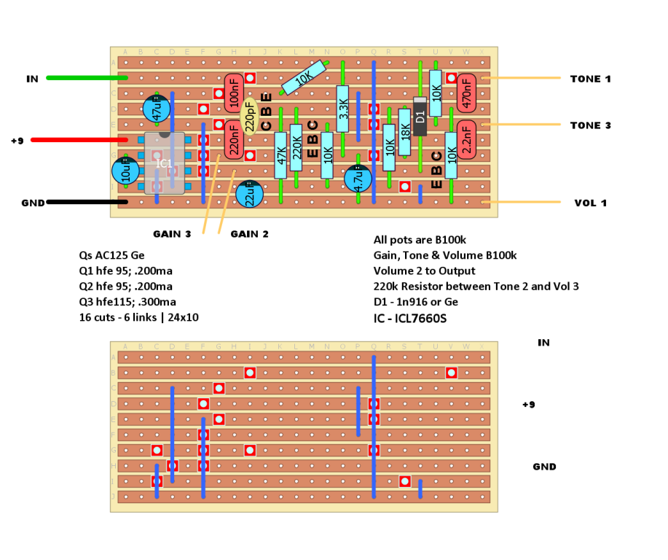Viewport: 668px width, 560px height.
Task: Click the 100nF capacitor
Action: pyautogui.click(x=234, y=93)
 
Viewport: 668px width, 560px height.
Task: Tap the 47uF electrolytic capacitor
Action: pyautogui.click(x=157, y=109)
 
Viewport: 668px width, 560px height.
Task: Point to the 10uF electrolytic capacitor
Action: pyautogui.click(x=125, y=172)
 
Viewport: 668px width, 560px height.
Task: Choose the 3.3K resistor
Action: pyautogui.click(x=343, y=109)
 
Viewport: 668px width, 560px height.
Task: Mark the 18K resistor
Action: pyautogui.click(x=405, y=132)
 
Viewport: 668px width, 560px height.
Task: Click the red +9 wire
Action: pyautogui.click(x=80, y=139)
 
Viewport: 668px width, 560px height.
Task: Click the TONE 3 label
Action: pyautogui.click(x=591, y=125)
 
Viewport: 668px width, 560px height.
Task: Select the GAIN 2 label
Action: pyautogui.click(x=249, y=234)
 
